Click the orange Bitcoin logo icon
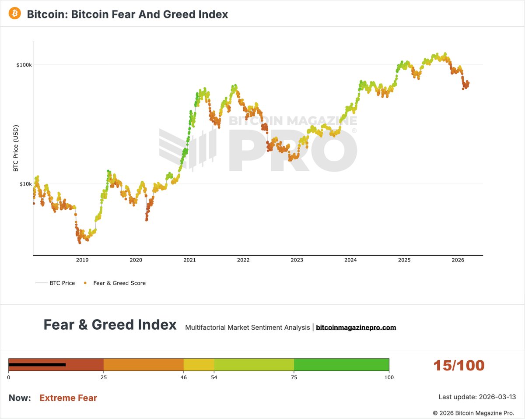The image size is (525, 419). pyautogui.click(x=15, y=14)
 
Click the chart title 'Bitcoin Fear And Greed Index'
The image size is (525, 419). pyautogui.click(x=127, y=14)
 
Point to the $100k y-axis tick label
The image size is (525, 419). pyautogui.click(x=24, y=65)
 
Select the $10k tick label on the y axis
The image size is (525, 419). pyautogui.click(x=25, y=184)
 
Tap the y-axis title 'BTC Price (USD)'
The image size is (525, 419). pyautogui.click(x=16, y=148)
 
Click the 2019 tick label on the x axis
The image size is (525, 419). pyautogui.click(x=82, y=260)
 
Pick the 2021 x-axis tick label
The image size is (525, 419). pyautogui.click(x=189, y=260)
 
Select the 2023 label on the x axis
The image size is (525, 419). pyautogui.click(x=297, y=260)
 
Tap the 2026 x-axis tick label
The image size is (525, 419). pyautogui.click(x=458, y=260)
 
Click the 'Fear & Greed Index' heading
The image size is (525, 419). pyautogui.click(x=110, y=325)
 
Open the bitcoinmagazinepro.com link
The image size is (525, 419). pyautogui.click(x=356, y=327)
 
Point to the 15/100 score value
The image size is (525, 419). pyautogui.click(x=459, y=366)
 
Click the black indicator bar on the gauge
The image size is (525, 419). pyautogui.click(x=37, y=364)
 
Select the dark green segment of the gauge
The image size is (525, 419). pyautogui.click(x=341, y=364)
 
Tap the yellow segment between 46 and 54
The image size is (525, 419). pyautogui.click(x=199, y=364)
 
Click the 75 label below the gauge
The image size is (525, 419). pyautogui.click(x=294, y=377)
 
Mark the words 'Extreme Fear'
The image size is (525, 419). pyautogui.click(x=68, y=398)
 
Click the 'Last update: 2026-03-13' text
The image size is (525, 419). pyautogui.click(x=477, y=397)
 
